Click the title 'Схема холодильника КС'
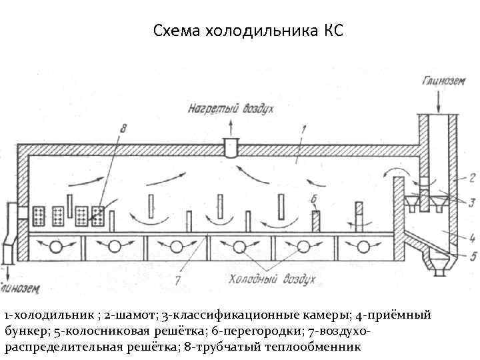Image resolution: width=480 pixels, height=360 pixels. pyautogui.click(x=248, y=31)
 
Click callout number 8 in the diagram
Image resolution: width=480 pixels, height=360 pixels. pyautogui.click(x=123, y=127)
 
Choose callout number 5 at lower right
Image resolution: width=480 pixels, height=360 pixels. pyautogui.click(x=473, y=256)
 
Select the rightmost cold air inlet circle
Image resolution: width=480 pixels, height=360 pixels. pyautogui.click(x=364, y=247)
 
